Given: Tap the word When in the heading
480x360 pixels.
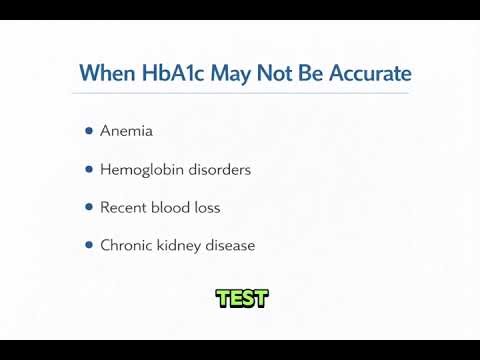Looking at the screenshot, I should (104, 74).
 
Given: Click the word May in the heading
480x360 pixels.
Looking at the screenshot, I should (222, 74).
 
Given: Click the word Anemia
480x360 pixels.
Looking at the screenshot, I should (126, 131).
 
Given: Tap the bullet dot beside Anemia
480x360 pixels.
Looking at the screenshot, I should (89, 131).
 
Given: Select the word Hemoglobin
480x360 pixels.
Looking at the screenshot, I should (137, 169).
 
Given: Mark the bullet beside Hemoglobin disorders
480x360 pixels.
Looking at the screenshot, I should (89, 169).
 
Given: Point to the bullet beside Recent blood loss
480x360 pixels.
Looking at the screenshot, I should (89, 207).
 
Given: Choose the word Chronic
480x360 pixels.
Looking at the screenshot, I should (125, 245).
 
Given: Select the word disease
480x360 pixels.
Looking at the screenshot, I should (229, 245).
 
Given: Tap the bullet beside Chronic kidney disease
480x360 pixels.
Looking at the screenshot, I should (89, 245).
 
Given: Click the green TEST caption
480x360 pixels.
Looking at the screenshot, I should (241, 298).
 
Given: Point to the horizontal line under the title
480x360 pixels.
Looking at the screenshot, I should (240, 94).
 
